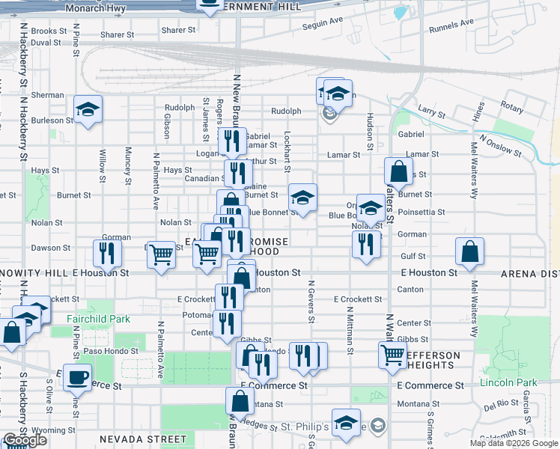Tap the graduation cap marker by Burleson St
[x=88, y=109]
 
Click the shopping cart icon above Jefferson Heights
[x=392, y=354]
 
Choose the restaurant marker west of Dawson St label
[x=107, y=252]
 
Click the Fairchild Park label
[x=98, y=319]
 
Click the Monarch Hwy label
[x=94, y=9]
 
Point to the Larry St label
[x=432, y=113]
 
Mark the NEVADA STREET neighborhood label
[x=143, y=439]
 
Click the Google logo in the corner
[x=25, y=440]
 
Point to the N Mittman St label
[x=350, y=329]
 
